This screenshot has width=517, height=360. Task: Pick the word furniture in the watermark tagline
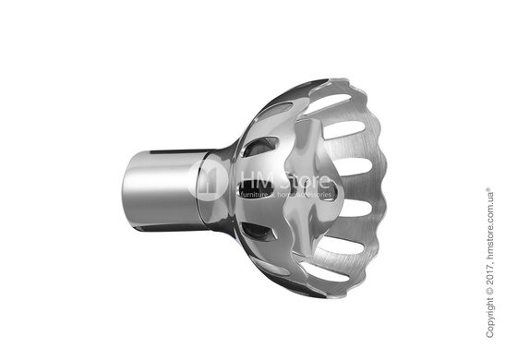[x=255, y=194]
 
